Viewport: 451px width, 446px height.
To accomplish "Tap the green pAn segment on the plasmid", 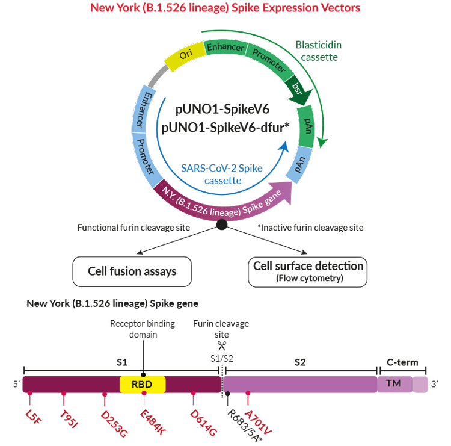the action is [x=306, y=126].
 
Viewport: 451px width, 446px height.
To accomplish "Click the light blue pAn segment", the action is [x=299, y=164].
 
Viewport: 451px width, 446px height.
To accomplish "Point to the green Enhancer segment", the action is [x=226, y=47].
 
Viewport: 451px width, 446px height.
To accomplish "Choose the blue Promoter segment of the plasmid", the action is [x=146, y=157].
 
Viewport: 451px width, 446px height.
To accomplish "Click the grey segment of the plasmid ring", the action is [x=158, y=76].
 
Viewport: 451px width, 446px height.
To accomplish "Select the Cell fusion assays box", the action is [x=132, y=271].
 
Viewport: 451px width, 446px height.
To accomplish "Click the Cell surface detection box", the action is [x=307, y=272].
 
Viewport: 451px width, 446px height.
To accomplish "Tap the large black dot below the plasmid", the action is [x=222, y=225].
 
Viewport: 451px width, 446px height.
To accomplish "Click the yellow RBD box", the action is [x=143, y=384].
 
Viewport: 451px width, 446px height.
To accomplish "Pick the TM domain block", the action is [x=395, y=384].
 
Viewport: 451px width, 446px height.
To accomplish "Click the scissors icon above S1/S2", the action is [x=222, y=345].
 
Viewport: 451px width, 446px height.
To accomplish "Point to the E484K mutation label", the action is [x=153, y=423].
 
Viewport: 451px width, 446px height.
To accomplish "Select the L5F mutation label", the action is [x=33, y=417].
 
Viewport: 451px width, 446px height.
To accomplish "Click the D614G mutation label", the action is [x=203, y=423].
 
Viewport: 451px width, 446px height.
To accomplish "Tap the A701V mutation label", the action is [x=259, y=423].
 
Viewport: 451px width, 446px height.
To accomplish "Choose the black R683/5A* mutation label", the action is [x=245, y=426].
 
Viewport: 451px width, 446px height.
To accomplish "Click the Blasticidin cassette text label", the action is [x=319, y=51].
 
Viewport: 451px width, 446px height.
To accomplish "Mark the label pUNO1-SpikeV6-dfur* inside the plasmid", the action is [x=226, y=128].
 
